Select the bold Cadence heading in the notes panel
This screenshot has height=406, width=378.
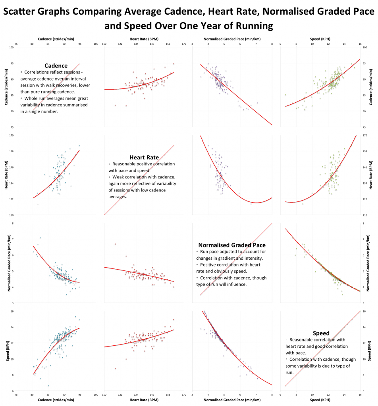pos(56,65)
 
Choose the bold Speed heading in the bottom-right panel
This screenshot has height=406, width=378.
pos(320,333)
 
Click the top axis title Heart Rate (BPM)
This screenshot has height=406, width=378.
pos(144,39)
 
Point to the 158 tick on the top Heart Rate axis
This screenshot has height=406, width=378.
pos(168,44)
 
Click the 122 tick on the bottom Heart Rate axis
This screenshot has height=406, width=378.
pos(120,395)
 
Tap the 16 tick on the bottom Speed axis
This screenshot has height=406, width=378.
pos(360,395)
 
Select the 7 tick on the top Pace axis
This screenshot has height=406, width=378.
pos(256,44)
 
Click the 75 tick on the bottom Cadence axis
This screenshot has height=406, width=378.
pos(16,395)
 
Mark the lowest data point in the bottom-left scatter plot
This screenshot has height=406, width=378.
pos(48,386)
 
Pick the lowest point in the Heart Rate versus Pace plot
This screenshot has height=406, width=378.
pos(251,204)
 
